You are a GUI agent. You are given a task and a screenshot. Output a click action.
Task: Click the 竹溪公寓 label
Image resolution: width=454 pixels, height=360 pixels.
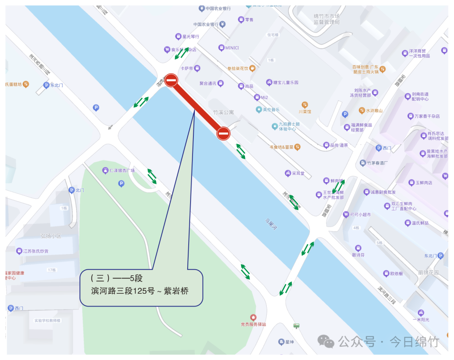223,113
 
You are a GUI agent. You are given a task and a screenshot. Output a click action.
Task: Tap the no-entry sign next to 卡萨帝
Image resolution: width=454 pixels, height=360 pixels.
171,81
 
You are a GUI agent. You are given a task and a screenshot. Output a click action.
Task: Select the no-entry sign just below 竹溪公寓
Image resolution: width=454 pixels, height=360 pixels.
223,134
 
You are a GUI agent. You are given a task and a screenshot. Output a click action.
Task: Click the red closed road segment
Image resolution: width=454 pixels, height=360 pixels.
197,107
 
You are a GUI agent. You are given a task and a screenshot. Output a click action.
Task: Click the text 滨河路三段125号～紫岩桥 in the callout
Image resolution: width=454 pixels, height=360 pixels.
140,290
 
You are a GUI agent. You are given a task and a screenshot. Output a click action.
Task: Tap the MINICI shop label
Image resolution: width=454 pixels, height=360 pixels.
232,48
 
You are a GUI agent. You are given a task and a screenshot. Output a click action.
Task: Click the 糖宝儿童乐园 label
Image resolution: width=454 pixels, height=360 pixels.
286,82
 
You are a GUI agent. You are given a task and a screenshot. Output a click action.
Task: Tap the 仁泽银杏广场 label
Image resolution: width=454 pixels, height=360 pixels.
122,170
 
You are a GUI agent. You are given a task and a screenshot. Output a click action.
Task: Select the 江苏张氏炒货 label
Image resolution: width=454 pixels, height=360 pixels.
36,251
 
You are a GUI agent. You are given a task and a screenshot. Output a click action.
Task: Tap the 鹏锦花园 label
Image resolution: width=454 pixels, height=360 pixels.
428,272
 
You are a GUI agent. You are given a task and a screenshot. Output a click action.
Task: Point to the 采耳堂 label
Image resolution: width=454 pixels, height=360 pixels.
297,174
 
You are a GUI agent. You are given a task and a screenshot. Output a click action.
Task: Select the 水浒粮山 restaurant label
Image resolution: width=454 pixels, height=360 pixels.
374,111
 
